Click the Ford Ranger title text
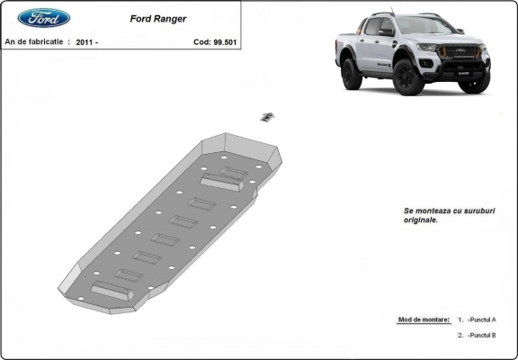(158, 17)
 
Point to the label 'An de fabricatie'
(34, 42)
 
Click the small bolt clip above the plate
(267, 116)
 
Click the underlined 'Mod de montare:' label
(424, 319)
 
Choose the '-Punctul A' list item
(481, 319)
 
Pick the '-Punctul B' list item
(481, 335)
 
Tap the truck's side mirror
(387, 32)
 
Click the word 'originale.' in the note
(422, 220)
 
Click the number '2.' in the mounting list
(460, 335)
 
